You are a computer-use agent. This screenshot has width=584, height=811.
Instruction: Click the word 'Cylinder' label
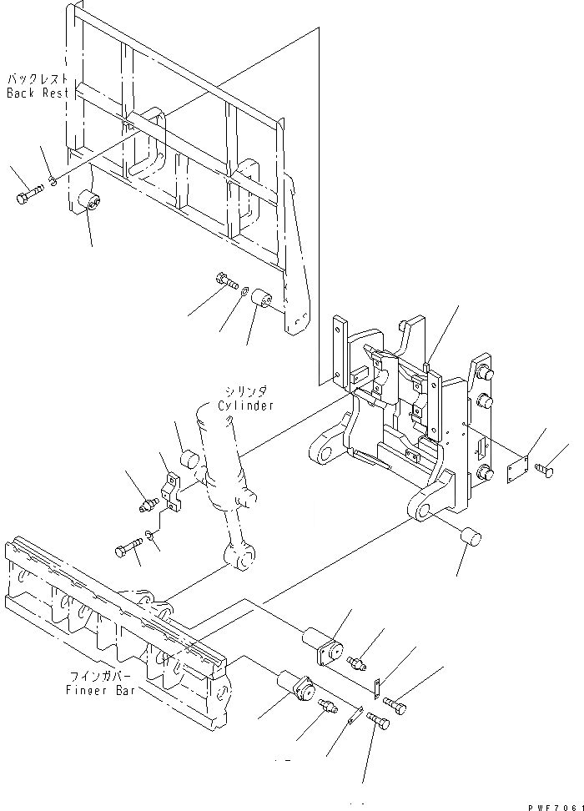246,405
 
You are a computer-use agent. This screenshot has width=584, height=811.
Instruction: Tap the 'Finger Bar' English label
95,690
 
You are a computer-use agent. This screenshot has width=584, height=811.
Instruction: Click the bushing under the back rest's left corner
89,203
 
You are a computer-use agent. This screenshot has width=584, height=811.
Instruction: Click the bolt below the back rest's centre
226,281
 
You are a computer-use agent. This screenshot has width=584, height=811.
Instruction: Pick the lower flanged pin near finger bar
295,686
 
